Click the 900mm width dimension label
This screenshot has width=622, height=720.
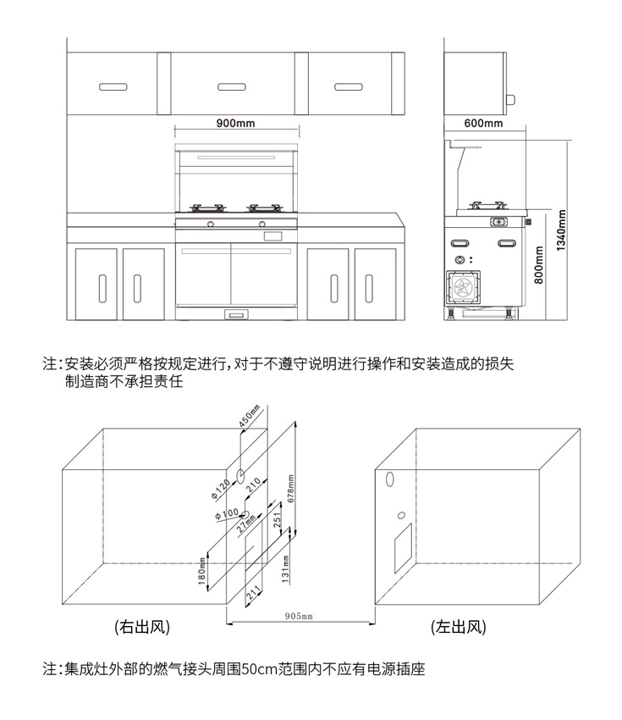coord(235,123)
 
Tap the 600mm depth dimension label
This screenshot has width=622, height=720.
coord(484,124)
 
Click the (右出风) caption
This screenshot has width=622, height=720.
coord(142,628)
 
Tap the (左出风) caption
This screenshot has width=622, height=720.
coord(458,628)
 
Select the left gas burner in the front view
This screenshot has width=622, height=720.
coord(207,207)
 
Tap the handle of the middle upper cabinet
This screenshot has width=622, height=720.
coord(231,86)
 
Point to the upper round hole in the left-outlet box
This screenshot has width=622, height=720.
coord(390,479)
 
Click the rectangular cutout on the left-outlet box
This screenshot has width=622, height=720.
coord(401,550)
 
